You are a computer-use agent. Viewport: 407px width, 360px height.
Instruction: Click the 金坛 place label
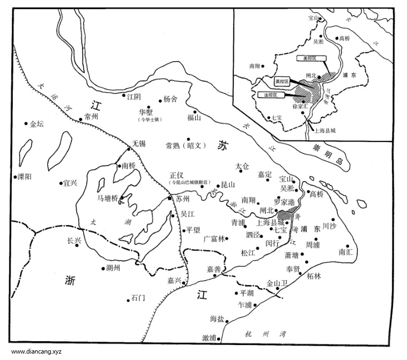[x=37, y=124]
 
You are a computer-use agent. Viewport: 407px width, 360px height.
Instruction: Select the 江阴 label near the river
[x=134, y=97]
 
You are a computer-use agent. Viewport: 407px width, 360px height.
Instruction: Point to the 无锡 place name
[x=138, y=144]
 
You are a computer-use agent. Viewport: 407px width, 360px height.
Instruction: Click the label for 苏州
[x=183, y=199]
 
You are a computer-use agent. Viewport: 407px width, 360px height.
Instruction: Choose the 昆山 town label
[x=228, y=185]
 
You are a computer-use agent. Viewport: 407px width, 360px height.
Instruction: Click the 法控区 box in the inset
[x=267, y=95]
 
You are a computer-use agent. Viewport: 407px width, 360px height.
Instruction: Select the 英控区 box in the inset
[x=282, y=81]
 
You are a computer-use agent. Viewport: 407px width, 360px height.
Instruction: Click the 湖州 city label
[x=114, y=268]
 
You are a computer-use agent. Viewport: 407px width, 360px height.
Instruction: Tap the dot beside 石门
[x=129, y=299]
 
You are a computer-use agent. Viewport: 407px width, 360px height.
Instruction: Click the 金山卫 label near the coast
[x=277, y=283]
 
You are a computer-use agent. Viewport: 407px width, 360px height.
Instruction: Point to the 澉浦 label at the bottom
[x=209, y=337]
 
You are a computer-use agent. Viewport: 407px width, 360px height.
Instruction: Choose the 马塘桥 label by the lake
[x=106, y=198]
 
